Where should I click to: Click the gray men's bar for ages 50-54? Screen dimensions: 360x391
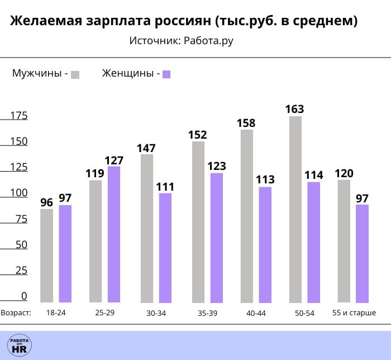tap(295, 209)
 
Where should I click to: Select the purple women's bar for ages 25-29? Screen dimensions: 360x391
tap(114, 234)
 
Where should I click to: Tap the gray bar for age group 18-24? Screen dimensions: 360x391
tap(47, 255)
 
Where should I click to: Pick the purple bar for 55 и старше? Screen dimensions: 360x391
tap(363, 253)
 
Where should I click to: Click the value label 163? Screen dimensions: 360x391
tap(294, 109)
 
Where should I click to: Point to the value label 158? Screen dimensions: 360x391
tap(246, 122)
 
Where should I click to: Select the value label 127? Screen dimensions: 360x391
tap(114, 160)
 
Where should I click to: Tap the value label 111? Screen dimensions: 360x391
tap(165, 186)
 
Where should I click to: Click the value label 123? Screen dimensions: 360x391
tap(216, 166)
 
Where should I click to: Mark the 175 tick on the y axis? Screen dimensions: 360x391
tap(19, 116)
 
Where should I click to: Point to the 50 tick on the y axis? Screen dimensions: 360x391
tap(21, 245)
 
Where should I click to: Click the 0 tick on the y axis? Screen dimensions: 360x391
tap(24, 296)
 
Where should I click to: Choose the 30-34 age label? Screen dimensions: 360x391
tap(156, 313)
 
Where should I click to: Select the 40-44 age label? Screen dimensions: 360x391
tap(256, 313)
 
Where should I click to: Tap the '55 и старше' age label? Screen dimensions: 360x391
tap(354, 312)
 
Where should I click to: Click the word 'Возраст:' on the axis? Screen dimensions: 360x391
tap(16, 312)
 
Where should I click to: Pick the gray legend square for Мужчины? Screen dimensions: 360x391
tap(75, 74)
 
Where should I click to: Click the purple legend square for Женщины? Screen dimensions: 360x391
tap(166, 74)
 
